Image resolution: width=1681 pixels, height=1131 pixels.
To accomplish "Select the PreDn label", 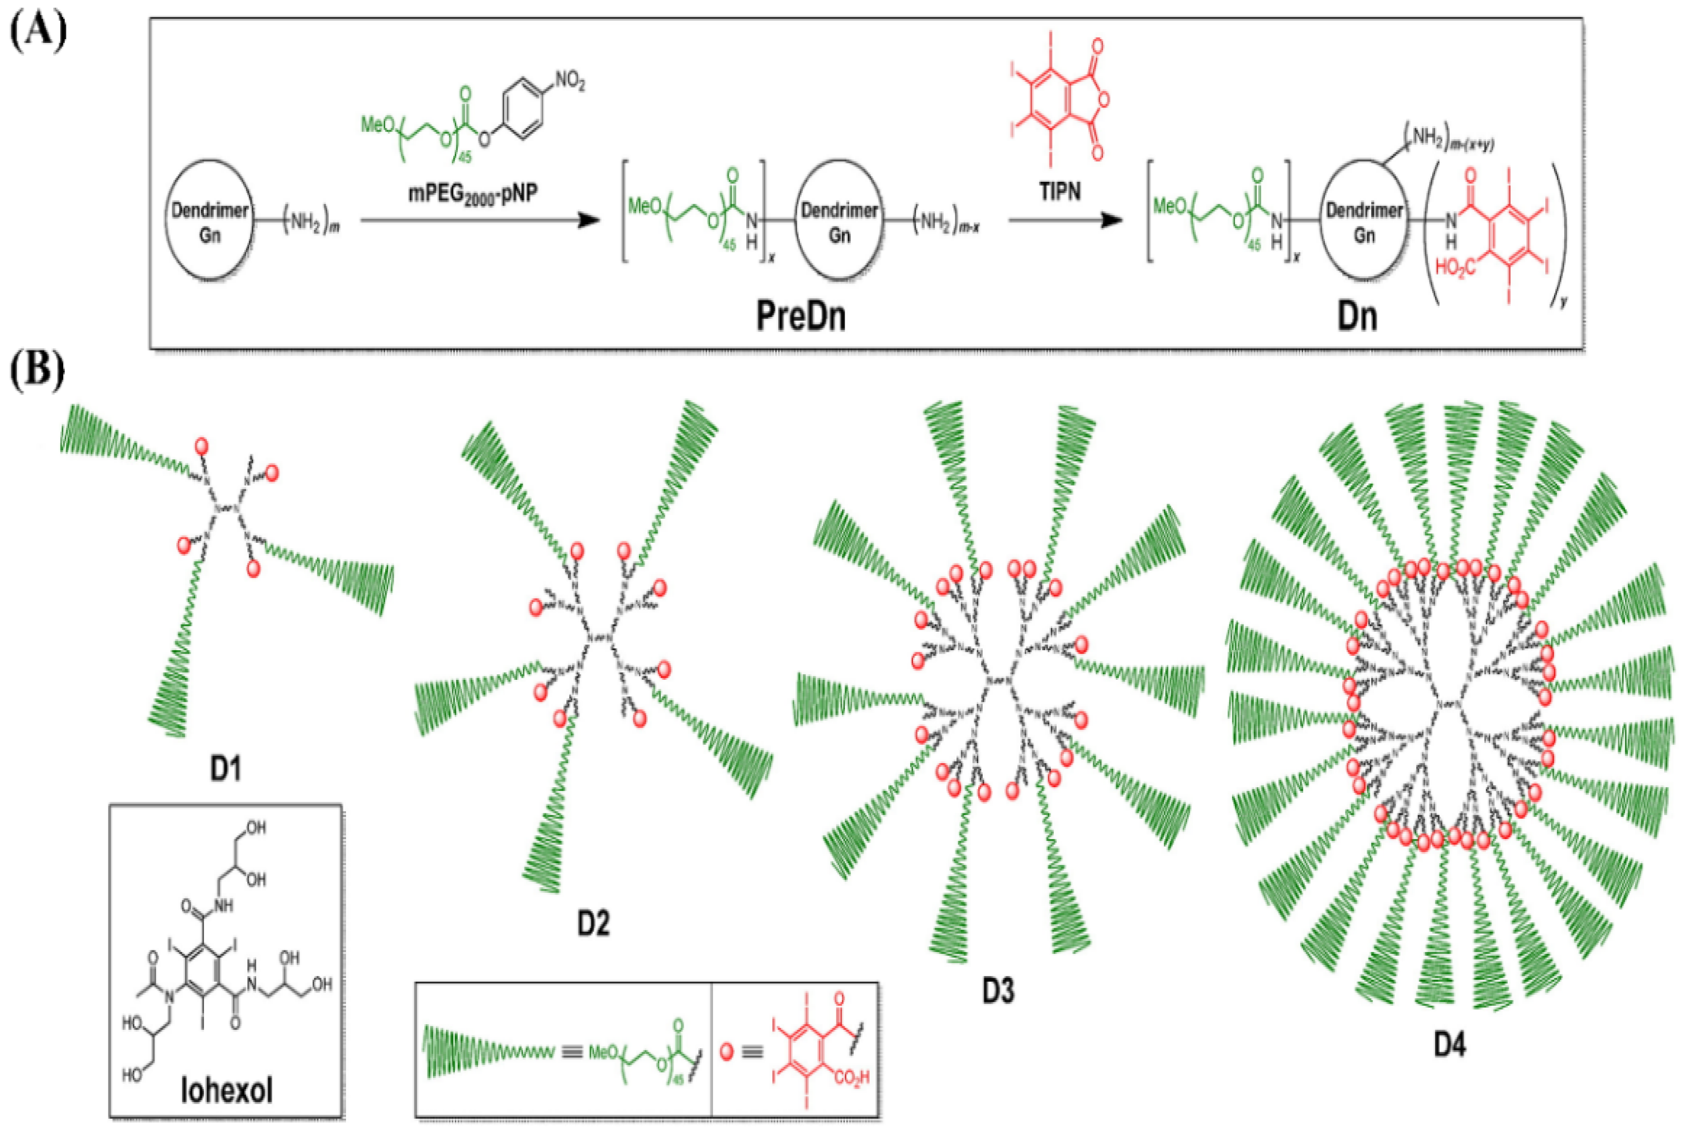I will pyautogui.click(x=800, y=316).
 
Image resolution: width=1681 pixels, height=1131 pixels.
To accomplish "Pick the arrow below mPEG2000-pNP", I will pyautogui.click(x=480, y=221).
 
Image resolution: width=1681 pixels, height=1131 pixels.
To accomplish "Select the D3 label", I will pyautogui.click(x=998, y=992).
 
